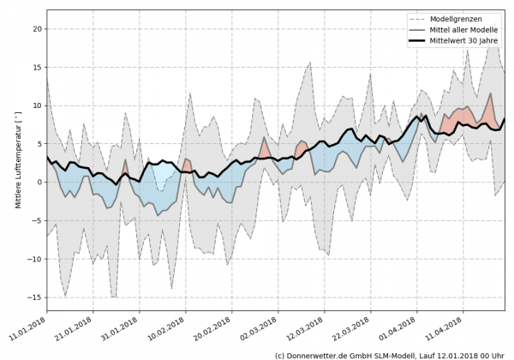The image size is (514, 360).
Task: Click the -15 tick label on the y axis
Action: (x=35, y=297)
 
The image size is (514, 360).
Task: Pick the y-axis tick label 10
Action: (x=37, y=105)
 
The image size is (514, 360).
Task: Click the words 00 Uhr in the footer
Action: (x=494, y=354)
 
